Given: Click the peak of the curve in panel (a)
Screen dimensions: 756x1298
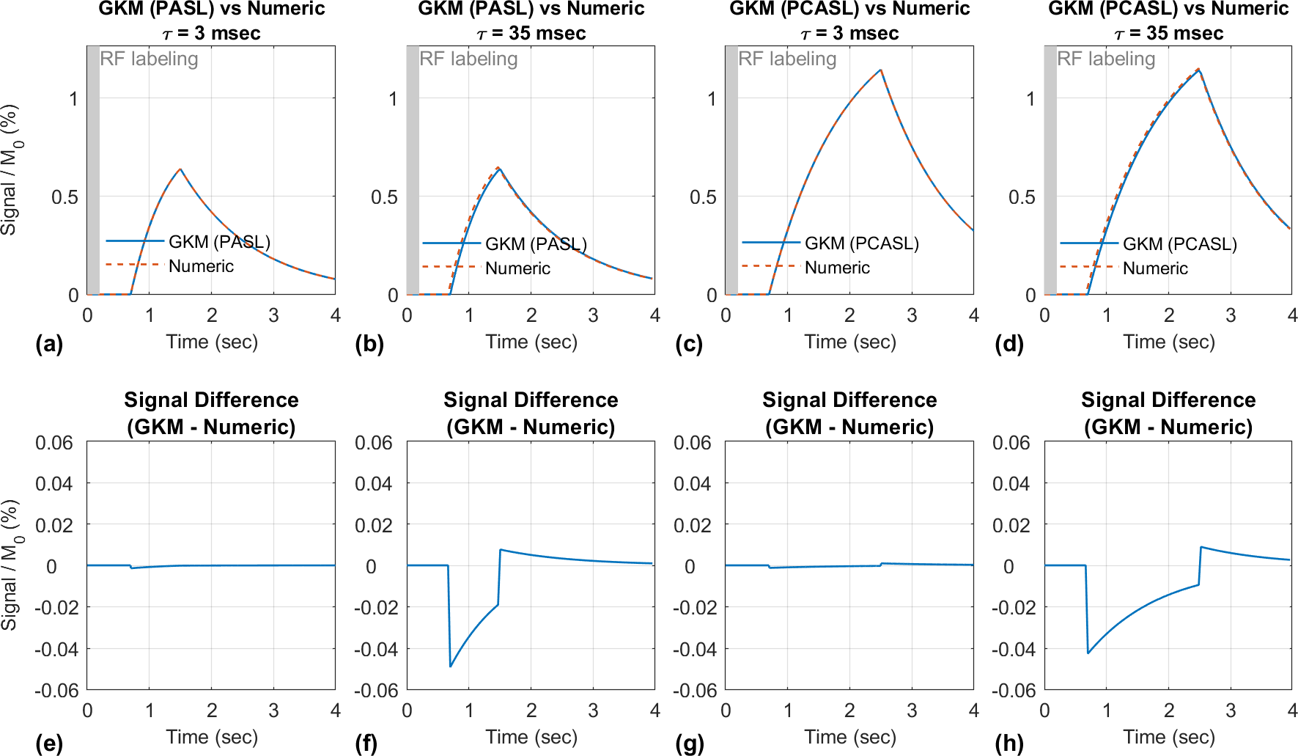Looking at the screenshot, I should click(x=180, y=169).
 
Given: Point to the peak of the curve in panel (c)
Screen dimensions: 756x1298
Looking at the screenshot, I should click(x=880, y=70).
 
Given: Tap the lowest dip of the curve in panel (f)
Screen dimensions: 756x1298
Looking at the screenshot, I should click(x=450, y=666).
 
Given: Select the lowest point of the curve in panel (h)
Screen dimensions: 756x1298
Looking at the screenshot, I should click(x=1088, y=653).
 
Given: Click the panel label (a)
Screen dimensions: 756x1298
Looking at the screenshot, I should click(x=49, y=344).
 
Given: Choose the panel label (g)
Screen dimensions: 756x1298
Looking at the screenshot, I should click(x=689, y=743).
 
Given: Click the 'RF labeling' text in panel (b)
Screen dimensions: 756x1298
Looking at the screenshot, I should click(x=468, y=59).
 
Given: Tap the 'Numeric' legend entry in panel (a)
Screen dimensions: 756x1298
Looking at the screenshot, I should click(x=201, y=266).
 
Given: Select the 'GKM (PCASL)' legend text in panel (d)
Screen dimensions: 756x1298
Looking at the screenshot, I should click(x=1179, y=244).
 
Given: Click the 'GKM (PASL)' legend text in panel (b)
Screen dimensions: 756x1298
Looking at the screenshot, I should click(x=536, y=244).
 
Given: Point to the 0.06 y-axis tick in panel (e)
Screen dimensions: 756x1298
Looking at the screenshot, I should click(x=54, y=443).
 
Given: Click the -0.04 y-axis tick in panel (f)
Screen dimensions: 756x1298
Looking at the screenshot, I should click(x=374, y=649).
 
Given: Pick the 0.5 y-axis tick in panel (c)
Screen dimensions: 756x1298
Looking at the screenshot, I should click(x=702, y=197).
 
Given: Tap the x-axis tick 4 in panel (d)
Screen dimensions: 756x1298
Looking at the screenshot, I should click(x=1292, y=315).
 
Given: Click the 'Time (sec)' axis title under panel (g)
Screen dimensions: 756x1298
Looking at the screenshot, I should click(x=850, y=737).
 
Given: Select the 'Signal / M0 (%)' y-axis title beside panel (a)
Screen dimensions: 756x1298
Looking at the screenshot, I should click(x=10, y=169).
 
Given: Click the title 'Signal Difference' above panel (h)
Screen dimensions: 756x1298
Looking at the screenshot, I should click(x=1168, y=400).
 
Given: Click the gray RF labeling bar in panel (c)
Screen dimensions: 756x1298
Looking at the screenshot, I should click(x=731, y=169).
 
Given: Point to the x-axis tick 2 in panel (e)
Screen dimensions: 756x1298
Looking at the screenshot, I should click(x=212, y=711).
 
